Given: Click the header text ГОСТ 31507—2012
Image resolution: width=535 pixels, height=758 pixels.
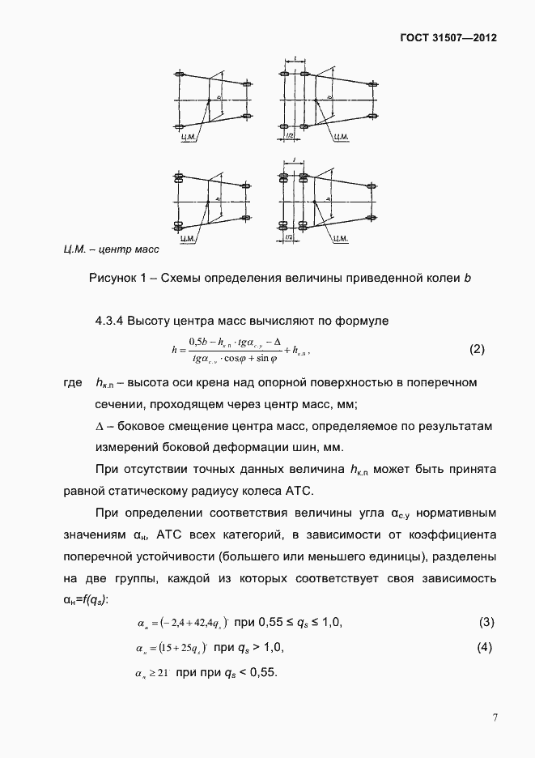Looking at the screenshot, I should click(449, 38).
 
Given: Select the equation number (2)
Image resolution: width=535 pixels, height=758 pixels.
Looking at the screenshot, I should click(477, 350).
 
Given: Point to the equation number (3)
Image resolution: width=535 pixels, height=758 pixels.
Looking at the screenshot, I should click(486, 623).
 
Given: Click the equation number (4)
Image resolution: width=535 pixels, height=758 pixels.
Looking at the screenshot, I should click(486, 649).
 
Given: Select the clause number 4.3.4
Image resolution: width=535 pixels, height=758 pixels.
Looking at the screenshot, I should click(115, 322).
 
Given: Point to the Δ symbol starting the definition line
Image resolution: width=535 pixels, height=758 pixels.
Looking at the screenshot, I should click(100, 426).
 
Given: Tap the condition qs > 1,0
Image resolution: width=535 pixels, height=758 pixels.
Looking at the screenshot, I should click(261, 649).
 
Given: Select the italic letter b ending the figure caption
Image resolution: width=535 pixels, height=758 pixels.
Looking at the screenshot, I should click(467, 279).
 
